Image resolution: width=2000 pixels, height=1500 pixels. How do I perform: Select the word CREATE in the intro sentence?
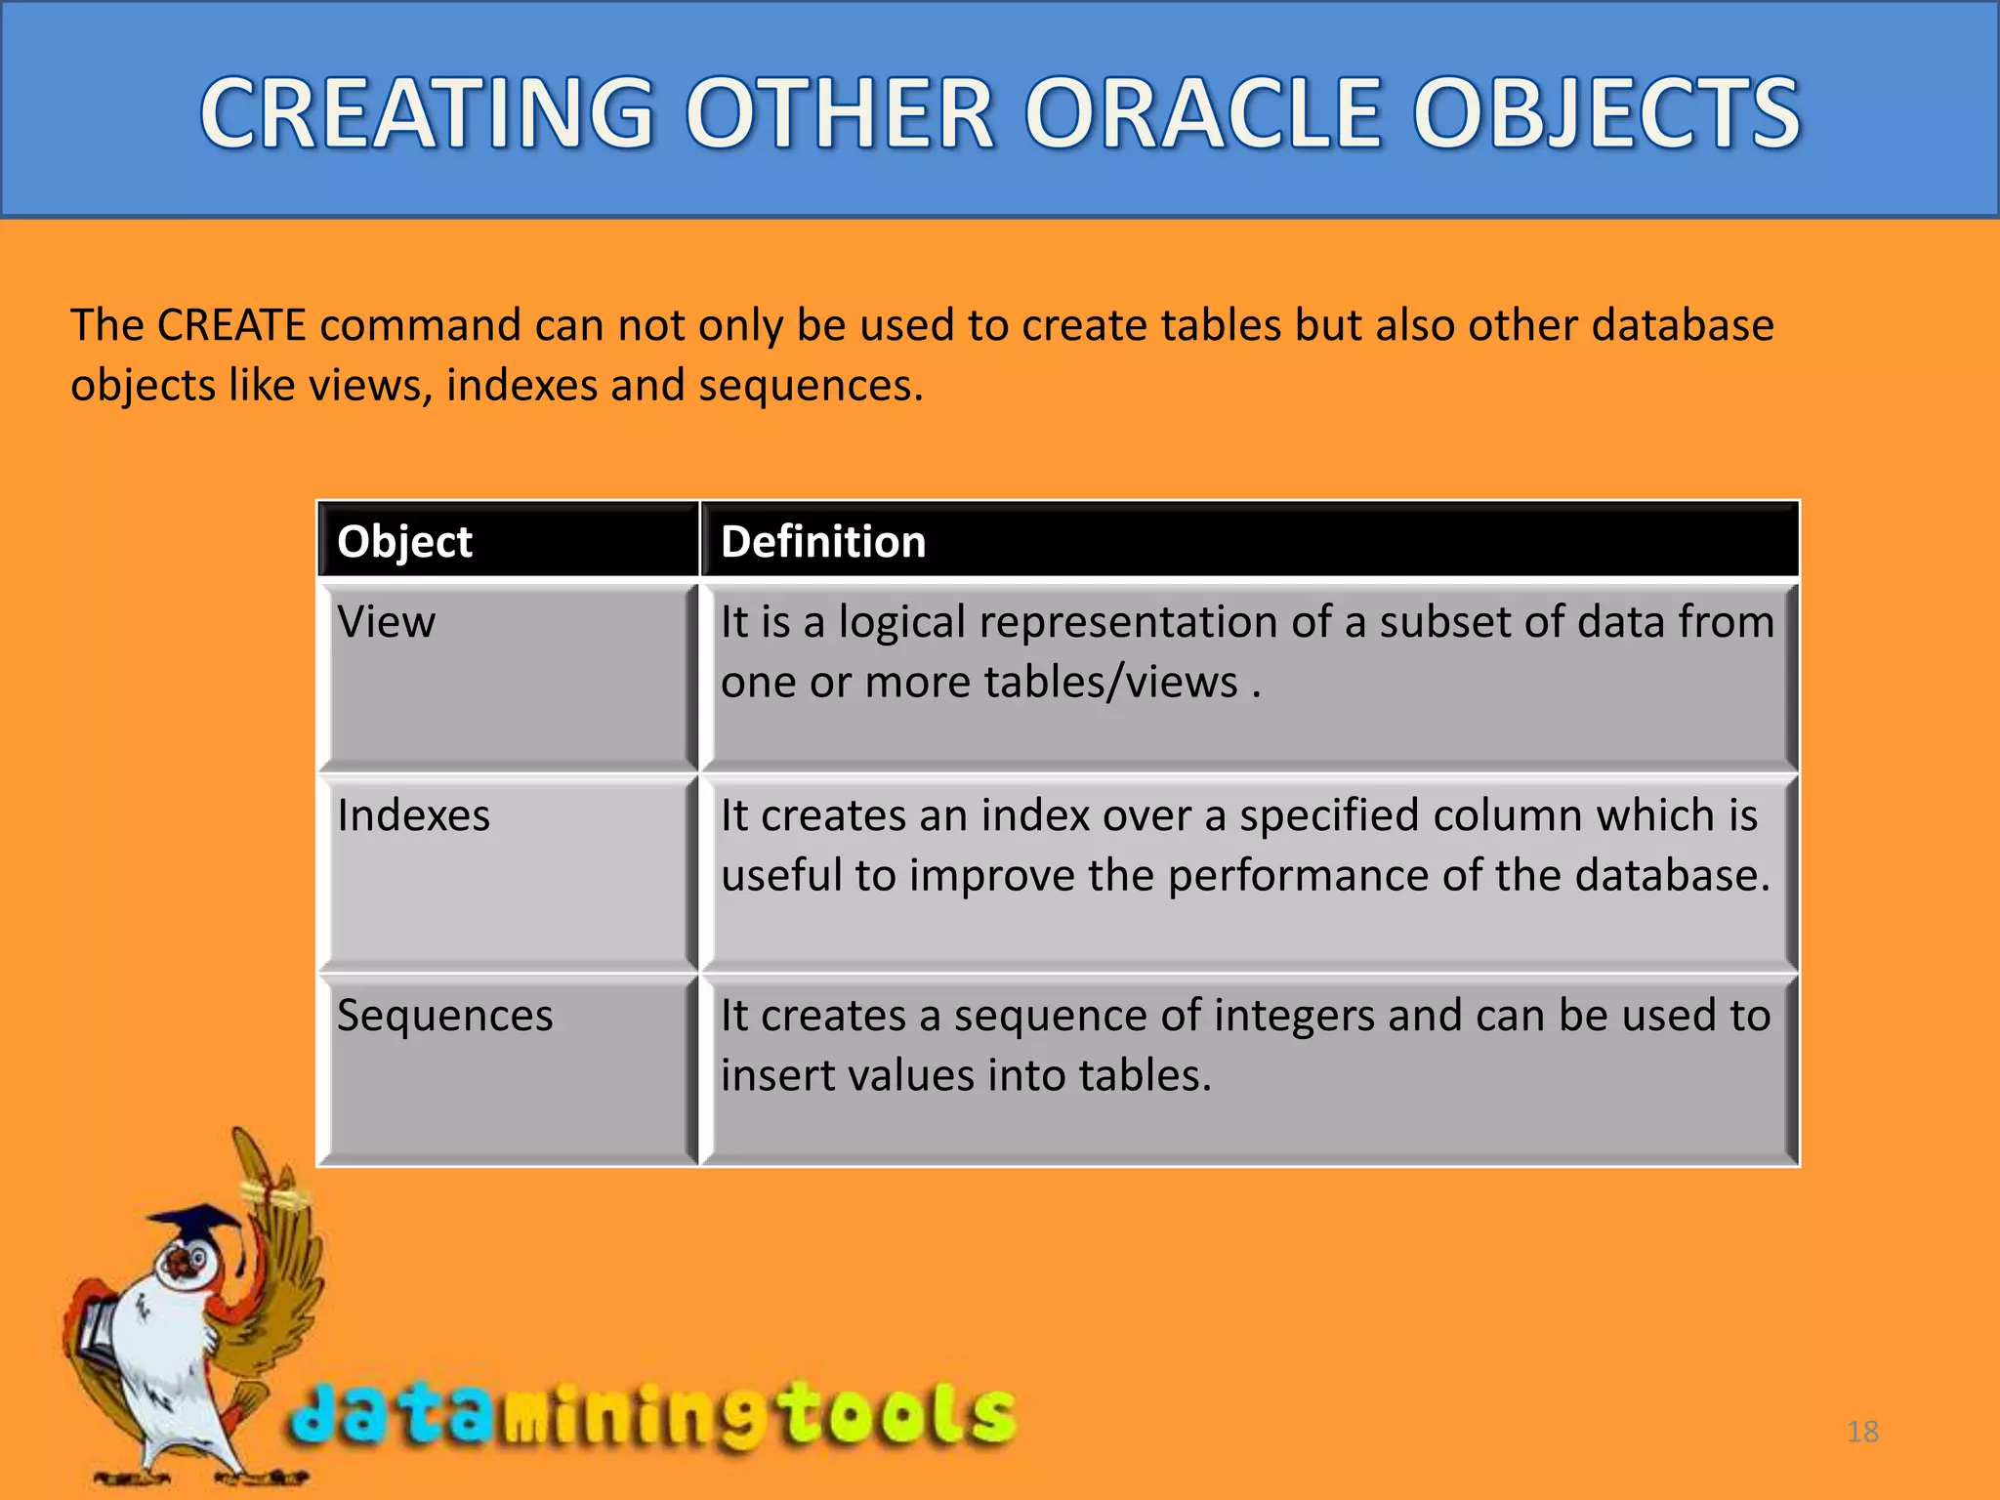coord(231,325)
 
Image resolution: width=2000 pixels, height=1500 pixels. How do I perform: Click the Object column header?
coord(404,541)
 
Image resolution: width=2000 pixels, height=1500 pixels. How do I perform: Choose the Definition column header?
coord(823,541)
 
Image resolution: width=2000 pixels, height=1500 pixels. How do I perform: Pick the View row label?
coord(386,622)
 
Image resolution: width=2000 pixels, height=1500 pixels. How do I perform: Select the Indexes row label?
coord(413,815)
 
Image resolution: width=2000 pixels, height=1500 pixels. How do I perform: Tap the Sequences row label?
coord(444,1016)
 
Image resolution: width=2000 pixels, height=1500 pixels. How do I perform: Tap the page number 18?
coord(1862,1432)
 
